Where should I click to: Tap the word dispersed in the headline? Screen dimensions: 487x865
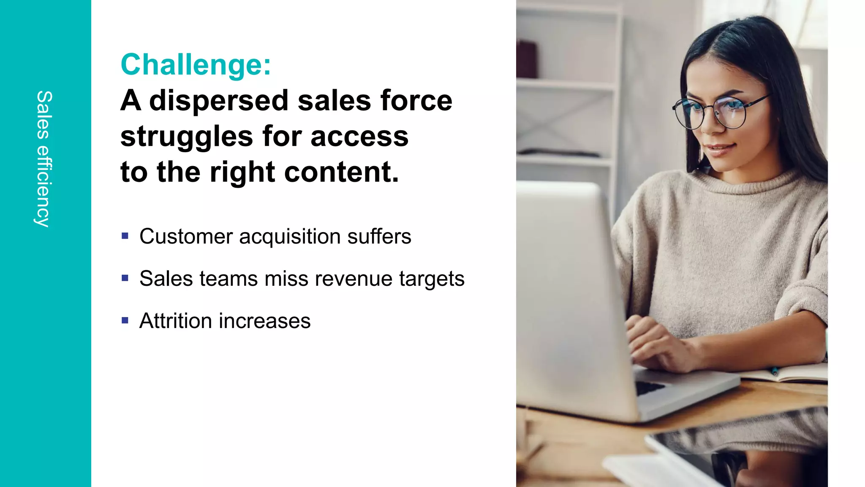tap(219, 101)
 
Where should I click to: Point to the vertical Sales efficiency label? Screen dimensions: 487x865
tap(44, 159)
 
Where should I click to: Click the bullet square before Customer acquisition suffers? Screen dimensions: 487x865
tap(125, 236)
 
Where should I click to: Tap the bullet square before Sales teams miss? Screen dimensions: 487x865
tap(125, 278)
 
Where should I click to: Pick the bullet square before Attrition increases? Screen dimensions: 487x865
tap(125, 320)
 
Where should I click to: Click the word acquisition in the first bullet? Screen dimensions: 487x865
tap(290, 237)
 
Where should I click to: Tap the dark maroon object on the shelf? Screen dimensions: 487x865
tap(528, 59)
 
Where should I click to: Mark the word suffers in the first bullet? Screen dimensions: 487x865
tap(379, 236)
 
